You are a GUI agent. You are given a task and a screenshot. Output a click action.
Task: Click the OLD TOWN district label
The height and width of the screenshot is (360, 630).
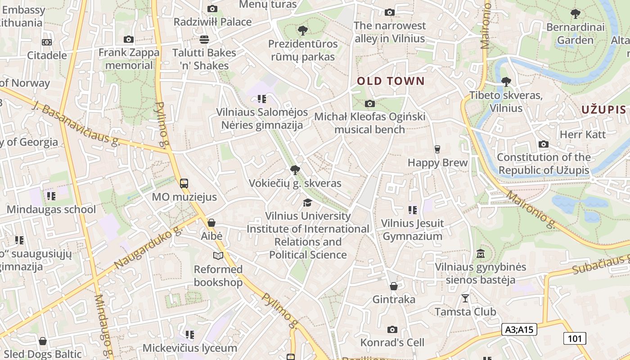point(391,81)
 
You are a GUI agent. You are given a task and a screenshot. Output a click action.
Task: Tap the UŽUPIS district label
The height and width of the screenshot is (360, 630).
point(603,109)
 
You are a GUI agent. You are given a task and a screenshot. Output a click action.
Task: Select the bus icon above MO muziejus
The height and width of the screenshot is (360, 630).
point(184,183)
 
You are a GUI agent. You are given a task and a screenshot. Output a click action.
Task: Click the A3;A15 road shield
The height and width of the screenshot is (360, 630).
point(519,329)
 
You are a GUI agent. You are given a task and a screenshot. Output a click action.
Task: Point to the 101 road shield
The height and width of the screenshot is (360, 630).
point(575,338)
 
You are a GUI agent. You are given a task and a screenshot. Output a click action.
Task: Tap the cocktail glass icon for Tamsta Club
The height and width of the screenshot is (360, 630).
point(465,298)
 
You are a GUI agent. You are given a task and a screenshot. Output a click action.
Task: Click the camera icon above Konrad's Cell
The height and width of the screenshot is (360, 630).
point(392,329)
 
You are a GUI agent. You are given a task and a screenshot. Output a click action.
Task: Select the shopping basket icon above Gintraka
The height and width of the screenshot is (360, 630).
point(394,286)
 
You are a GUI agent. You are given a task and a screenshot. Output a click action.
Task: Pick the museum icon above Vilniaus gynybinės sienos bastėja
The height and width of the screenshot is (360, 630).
point(480,254)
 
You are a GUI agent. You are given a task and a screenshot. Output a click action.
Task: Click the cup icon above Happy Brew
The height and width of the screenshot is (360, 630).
point(437,149)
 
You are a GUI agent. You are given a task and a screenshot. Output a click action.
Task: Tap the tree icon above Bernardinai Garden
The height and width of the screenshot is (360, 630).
point(575,14)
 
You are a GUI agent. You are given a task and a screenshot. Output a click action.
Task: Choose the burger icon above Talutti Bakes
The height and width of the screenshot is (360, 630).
point(204,40)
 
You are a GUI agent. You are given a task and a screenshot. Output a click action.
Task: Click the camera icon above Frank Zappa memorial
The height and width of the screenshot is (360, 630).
point(129,40)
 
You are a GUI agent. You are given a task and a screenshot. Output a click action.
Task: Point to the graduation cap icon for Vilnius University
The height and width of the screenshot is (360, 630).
point(307,203)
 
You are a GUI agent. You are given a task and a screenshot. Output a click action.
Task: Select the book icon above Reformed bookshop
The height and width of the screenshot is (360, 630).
point(218,256)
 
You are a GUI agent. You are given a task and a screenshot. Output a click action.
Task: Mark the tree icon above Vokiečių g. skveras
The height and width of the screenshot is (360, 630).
point(295,170)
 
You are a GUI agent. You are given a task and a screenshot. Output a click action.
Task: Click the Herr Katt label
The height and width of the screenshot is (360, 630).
point(582,135)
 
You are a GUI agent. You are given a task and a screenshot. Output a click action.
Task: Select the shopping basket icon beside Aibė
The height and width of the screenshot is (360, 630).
point(211,223)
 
